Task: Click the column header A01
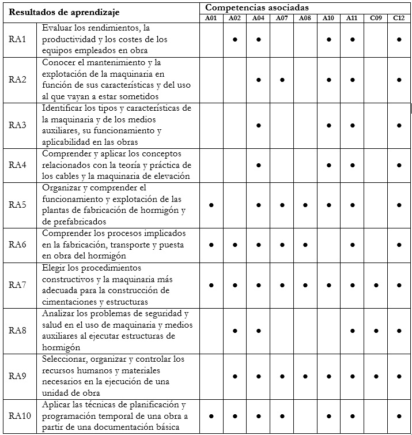tap(211, 18)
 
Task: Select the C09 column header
tap(375, 18)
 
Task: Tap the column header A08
tap(305, 18)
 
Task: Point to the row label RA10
tap(20, 415)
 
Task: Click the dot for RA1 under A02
tap(235, 39)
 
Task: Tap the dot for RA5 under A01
tap(211, 205)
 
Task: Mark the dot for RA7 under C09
tap(375, 285)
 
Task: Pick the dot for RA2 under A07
tap(282, 80)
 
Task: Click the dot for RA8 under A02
tap(235, 331)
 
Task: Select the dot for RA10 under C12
tap(399, 415)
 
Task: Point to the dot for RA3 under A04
tap(259, 125)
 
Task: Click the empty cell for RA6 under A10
tap(328, 245)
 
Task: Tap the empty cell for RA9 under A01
tap(211, 376)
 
